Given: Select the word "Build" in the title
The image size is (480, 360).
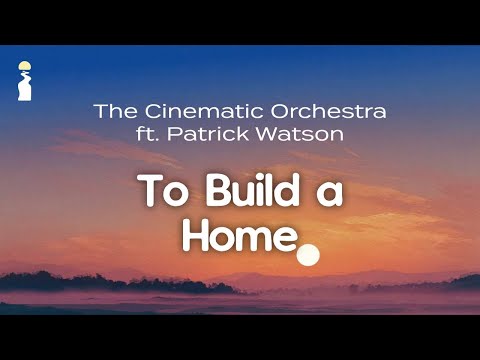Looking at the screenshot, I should [244, 192].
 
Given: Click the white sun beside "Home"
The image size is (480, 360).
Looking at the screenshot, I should [308, 255].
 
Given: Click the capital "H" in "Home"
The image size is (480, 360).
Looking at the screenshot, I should [196, 236].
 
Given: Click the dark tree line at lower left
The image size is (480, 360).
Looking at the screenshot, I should [60, 281].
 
